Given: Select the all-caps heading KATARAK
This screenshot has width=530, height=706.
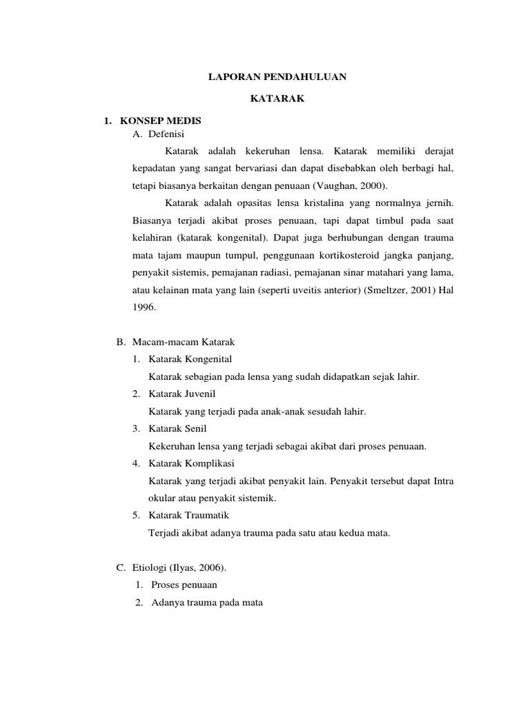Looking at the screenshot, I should (277, 99).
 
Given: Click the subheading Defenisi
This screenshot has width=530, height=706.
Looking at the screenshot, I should (165, 134).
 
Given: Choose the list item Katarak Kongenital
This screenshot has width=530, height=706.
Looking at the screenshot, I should (190, 359).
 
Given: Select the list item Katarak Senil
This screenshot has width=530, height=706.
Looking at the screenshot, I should (177, 429).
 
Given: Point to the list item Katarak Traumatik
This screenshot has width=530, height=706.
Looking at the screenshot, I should (189, 515).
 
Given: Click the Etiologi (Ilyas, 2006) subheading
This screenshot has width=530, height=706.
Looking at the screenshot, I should (179, 567).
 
